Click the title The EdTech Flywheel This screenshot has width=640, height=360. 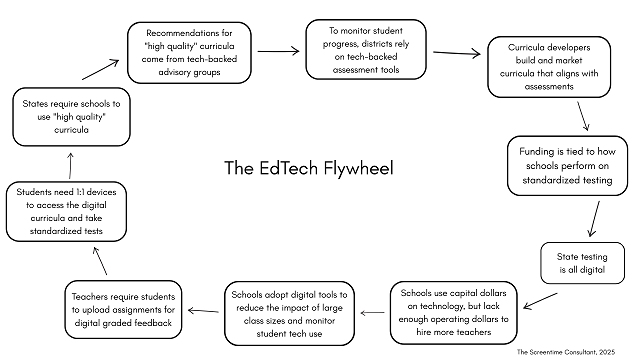(309, 166)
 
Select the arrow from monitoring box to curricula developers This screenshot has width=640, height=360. (458, 54)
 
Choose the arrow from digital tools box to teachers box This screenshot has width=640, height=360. (208, 304)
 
